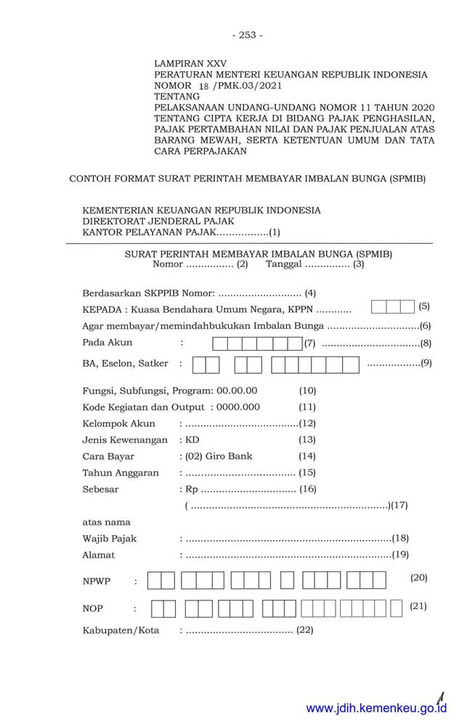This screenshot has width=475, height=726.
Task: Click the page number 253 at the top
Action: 247,35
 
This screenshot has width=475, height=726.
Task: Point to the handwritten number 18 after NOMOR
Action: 203,86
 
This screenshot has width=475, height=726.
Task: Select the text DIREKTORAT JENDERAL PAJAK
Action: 158,221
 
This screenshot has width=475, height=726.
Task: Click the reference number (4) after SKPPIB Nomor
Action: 311,293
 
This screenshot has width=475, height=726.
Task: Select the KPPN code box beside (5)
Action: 392,307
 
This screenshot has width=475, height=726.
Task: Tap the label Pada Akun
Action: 107,343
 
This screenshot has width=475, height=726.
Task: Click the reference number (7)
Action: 310,343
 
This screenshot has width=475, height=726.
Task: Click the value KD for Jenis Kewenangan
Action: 192,440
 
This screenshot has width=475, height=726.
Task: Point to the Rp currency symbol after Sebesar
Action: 192,489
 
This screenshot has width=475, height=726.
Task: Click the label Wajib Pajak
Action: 110,539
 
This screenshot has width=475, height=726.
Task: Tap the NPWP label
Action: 97,582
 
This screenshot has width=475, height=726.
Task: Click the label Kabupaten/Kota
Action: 121,629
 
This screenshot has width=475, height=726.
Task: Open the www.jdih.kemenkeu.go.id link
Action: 376,709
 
